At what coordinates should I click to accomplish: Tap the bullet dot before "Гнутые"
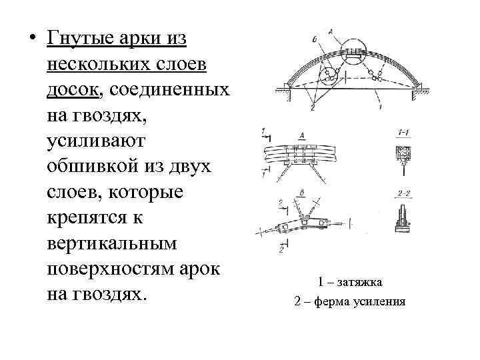pyautogui.click(x=31, y=39)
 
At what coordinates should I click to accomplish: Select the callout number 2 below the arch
pyautogui.click(x=311, y=107)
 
